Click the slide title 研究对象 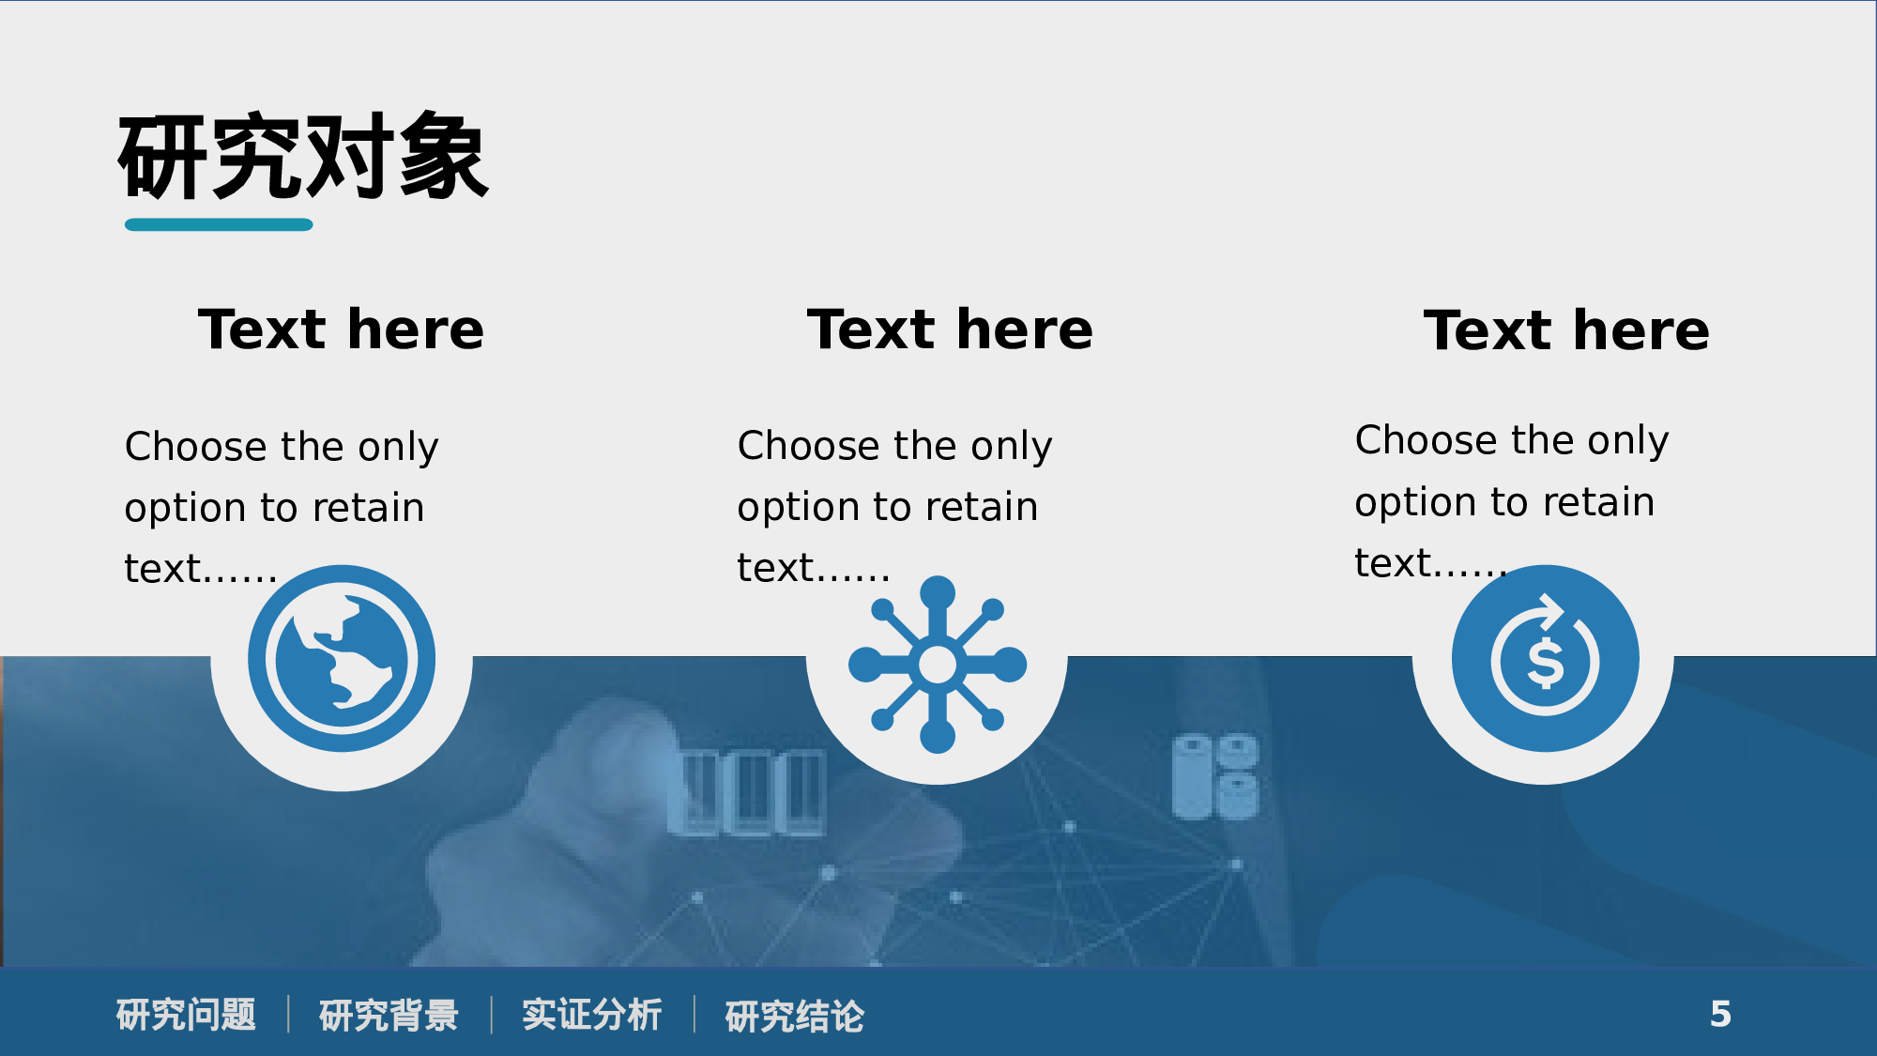(302, 156)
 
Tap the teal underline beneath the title (219, 224)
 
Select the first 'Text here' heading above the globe (341, 329)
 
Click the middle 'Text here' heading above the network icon (950, 329)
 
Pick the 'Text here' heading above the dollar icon (1566, 330)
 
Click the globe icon (342, 659)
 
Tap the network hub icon (937, 665)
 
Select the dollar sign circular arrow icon (1545, 659)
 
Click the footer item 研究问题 (186, 1015)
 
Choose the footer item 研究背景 (389, 1015)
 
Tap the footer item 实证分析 (591, 1015)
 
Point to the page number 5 (1720, 1014)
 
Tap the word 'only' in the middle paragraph (1011, 447)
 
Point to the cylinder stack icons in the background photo (1214, 776)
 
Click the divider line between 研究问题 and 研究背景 (288, 1015)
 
